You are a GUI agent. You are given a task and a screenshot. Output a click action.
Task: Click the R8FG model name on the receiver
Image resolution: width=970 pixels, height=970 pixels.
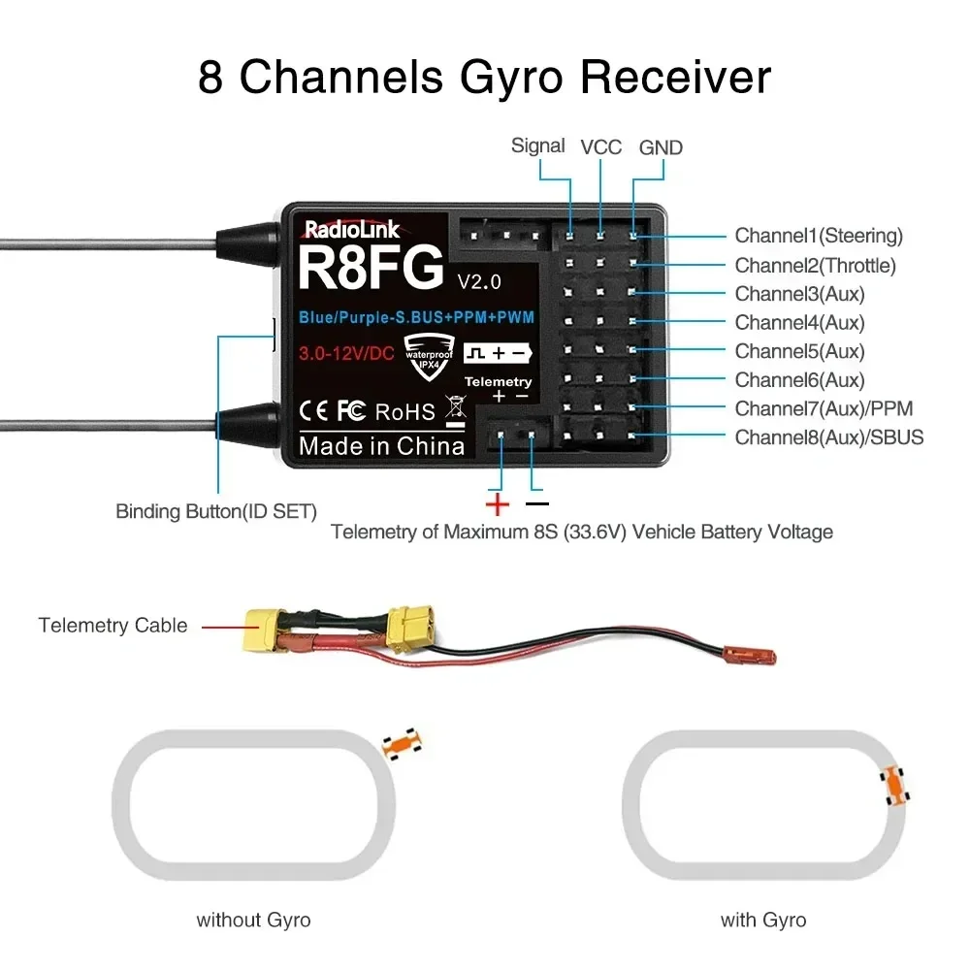[371, 268]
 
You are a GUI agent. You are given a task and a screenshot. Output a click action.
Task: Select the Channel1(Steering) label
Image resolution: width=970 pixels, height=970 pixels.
[818, 236]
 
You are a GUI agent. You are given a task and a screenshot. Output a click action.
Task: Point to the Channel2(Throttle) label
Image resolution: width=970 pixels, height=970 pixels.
[815, 265]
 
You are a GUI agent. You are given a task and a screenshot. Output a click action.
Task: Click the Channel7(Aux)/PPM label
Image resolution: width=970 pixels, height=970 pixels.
[823, 408]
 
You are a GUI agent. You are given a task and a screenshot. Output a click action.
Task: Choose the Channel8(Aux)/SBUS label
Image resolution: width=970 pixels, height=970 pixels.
[828, 437]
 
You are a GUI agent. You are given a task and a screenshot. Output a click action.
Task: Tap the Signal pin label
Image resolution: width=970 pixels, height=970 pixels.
[537, 145]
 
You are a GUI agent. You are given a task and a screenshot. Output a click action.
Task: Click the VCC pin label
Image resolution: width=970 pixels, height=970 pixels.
[600, 147]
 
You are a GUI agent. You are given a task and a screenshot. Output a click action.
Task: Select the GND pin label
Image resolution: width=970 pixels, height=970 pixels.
[661, 147]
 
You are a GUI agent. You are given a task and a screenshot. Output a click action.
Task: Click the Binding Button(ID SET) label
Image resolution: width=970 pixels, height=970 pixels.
[216, 511]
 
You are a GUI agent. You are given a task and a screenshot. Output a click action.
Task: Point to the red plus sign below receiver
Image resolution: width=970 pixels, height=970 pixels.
[497, 503]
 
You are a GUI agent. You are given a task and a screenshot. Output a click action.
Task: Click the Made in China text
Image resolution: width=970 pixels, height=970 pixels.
[381, 446]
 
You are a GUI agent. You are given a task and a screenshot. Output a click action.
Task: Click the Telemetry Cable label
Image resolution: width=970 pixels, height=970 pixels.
[113, 626]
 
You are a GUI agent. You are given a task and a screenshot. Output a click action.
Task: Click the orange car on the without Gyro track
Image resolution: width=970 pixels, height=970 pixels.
[402, 742]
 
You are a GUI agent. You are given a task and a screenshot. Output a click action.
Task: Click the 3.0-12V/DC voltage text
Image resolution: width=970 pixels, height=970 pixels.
[346, 353]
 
